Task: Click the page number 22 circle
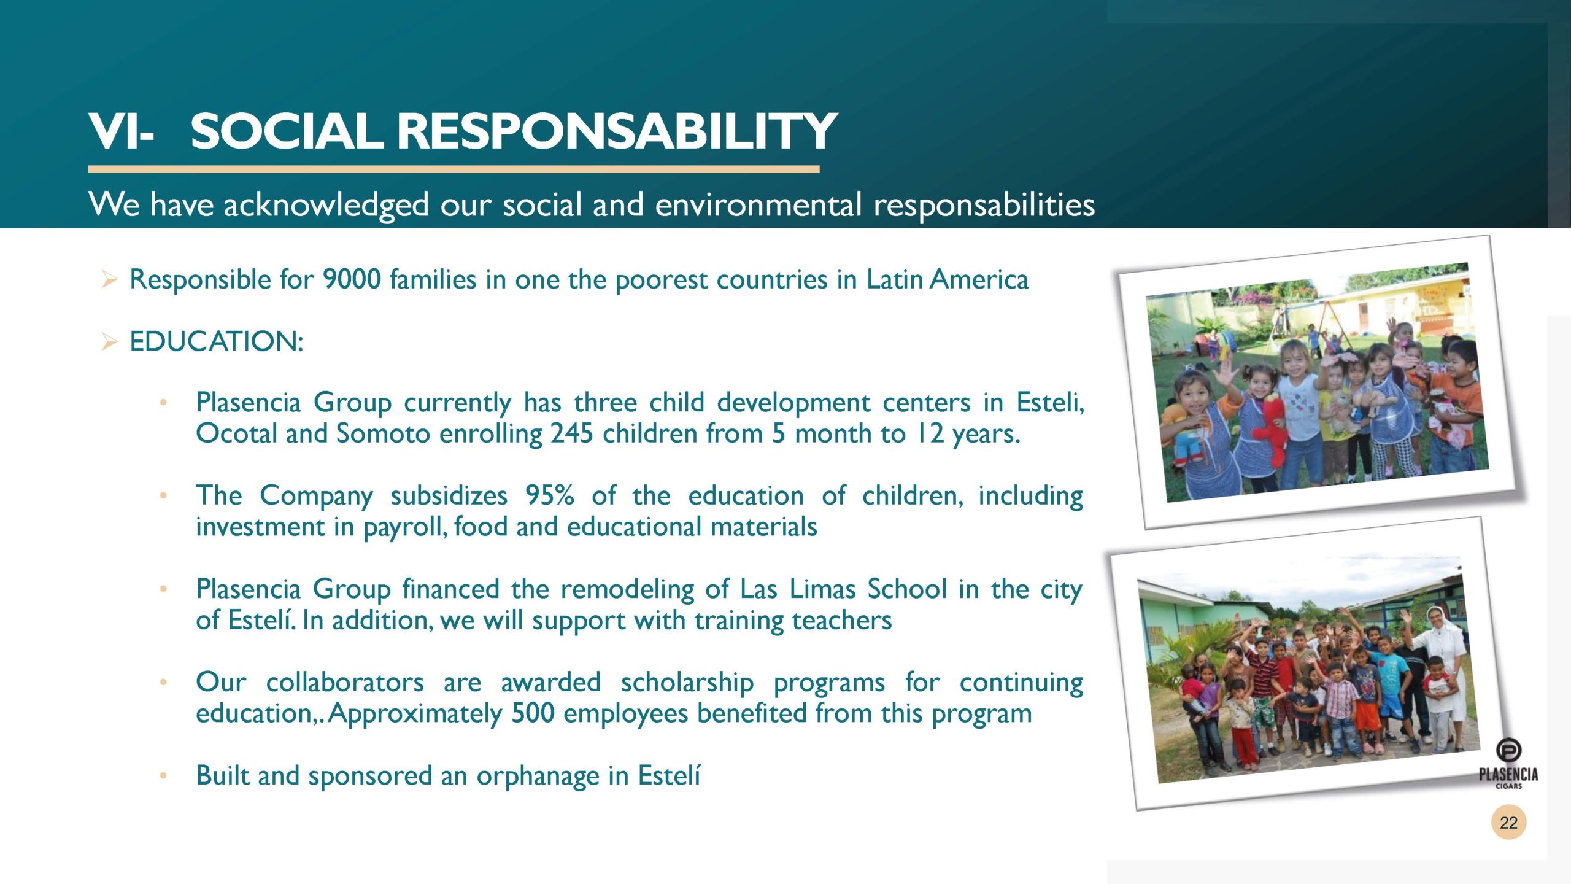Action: [x=1508, y=822]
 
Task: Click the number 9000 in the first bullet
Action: [x=352, y=279]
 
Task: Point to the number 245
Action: [x=573, y=433]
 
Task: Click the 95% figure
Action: [x=549, y=495]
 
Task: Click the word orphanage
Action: [x=538, y=776]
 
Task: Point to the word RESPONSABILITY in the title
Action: [x=617, y=131]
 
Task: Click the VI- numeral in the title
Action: [x=120, y=131]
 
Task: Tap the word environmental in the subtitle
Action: [x=758, y=204]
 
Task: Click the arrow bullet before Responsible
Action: [x=109, y=281]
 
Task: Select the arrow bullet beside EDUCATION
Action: [x=109, y=342]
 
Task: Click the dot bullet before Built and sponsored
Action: [x=163, y=776]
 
